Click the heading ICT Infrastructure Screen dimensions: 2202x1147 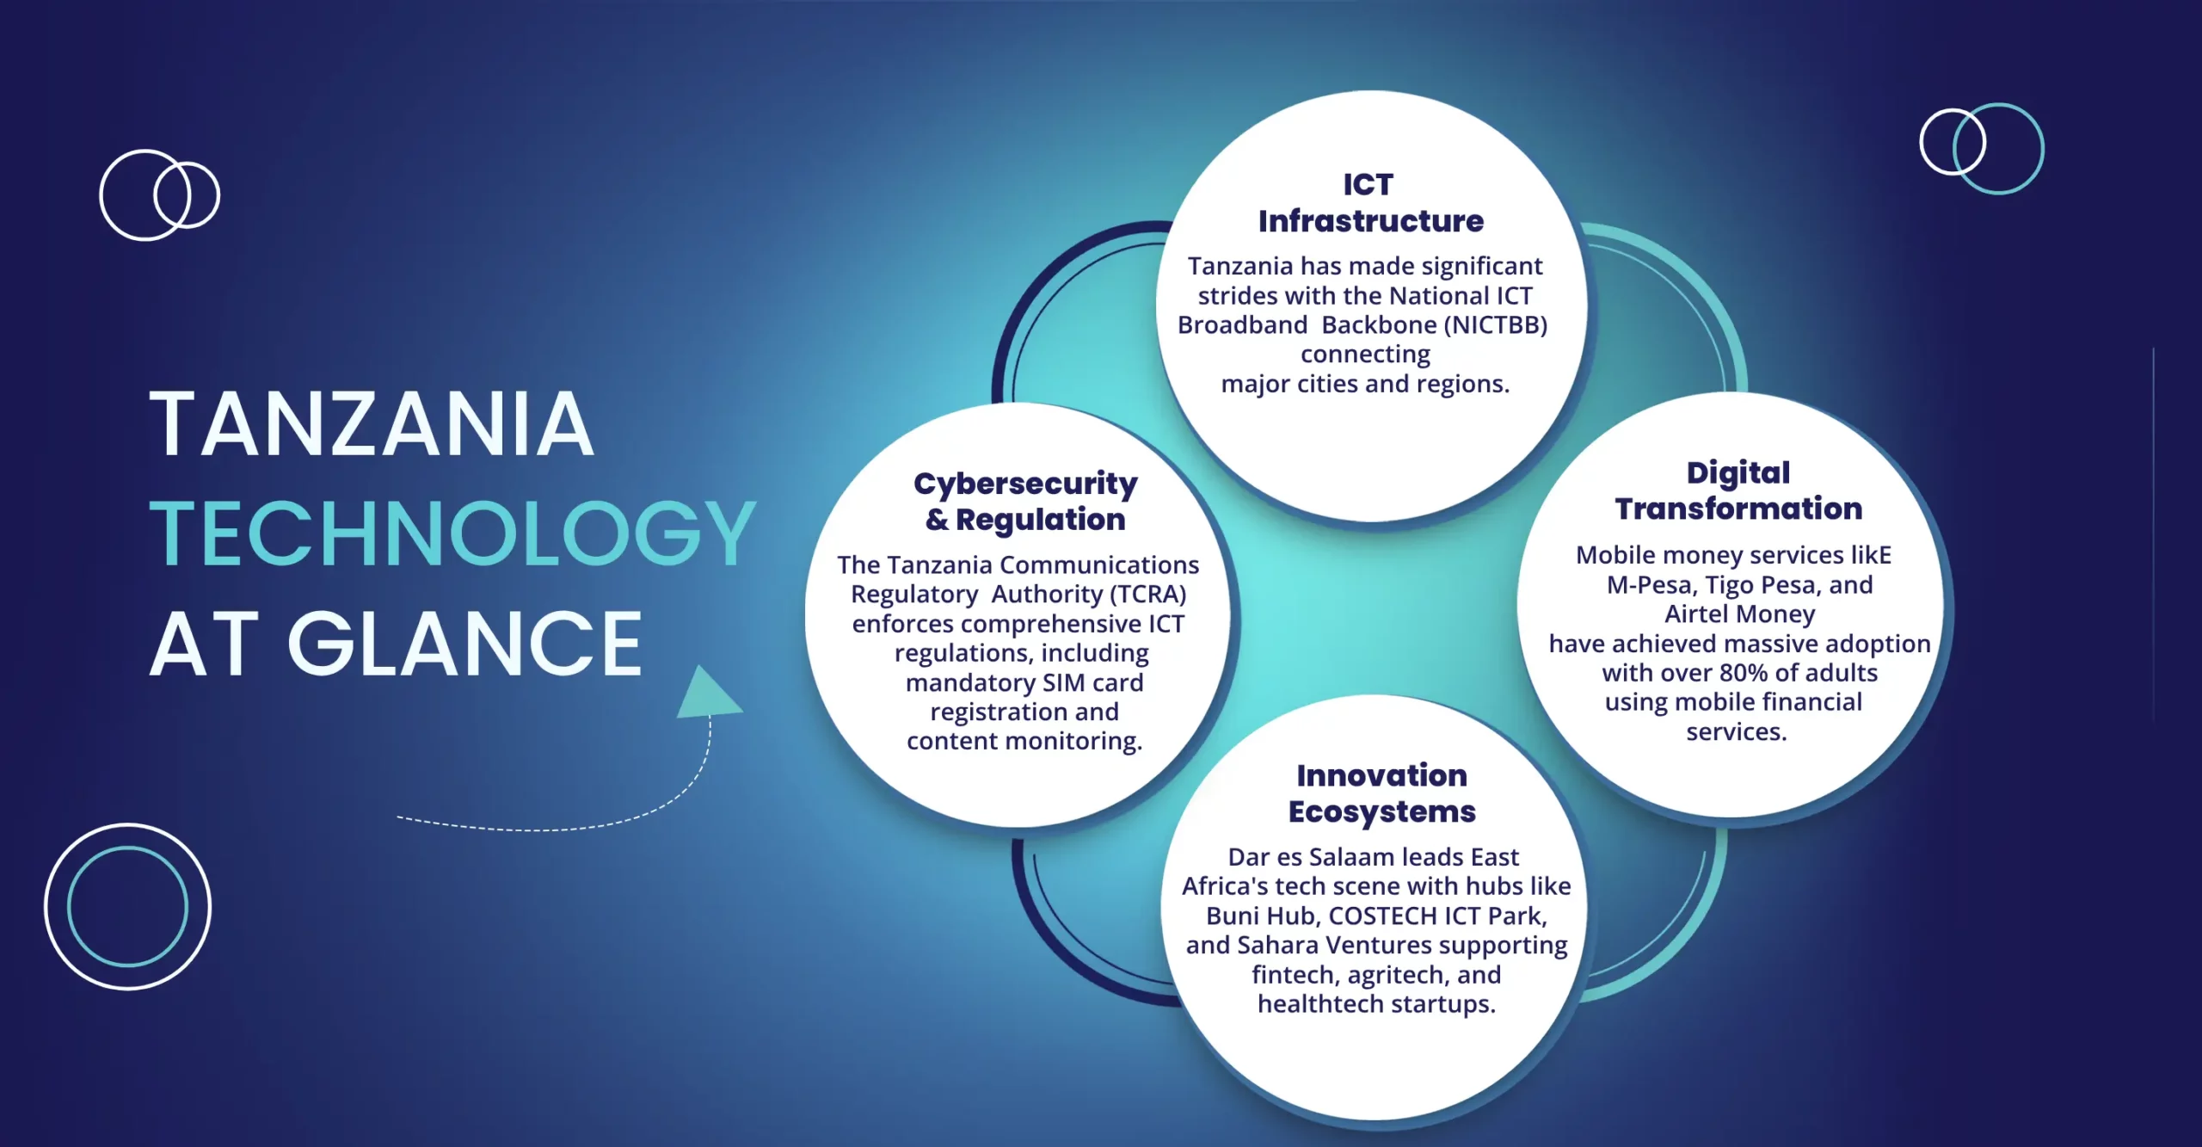[x=1370, y=203]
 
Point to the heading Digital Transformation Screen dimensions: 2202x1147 [x=1738, y=490]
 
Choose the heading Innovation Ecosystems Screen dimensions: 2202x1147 [x=1381, y=793]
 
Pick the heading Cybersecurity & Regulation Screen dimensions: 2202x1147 [x=1025, y=502]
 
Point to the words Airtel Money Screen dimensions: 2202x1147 [x=1739, y=614]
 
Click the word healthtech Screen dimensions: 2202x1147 [x=1320, y=1004]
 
